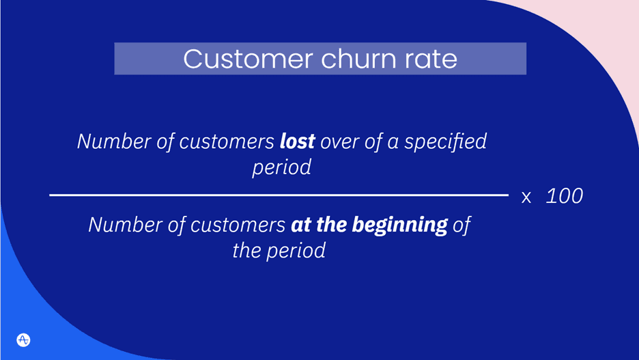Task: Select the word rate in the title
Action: [428, 59]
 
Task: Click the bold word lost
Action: [297, 141]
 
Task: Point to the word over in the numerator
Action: [340, 141]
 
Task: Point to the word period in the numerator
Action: [281, 167]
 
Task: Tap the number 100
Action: [565, 196]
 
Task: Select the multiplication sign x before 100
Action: [526, 197]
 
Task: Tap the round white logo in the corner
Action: [23, 340]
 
